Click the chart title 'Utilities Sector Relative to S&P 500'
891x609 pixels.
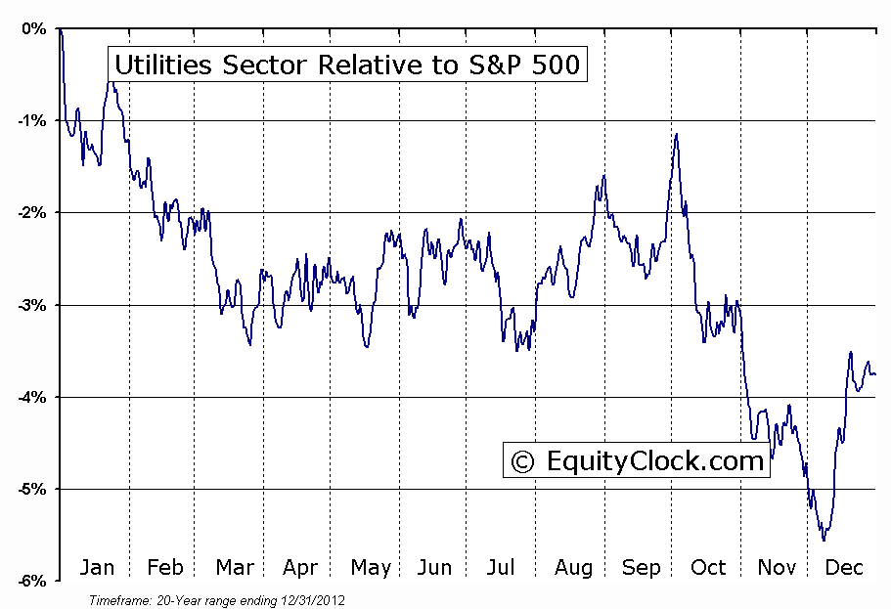click(x=347, y=65)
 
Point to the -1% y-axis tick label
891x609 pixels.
click(x=31, y=120)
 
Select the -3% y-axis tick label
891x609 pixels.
click(x=31, y=305)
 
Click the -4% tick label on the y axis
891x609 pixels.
click(x=31, y=397)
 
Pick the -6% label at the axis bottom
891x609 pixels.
click(x=31, y=581)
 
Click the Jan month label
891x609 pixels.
click(x=97, y=568)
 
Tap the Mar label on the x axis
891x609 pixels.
click(x=234, y=568)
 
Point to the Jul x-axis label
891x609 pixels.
click(x=501, y=568)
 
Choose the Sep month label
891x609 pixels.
click(x=641, y=568)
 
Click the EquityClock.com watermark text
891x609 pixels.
click(x=653, y=460)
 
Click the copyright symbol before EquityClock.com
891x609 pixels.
click(x=523, y=461)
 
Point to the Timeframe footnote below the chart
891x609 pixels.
click(x=216, y=599)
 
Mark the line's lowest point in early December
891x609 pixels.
click(x=824, y=540)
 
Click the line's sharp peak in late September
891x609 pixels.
click(x=676, y=134)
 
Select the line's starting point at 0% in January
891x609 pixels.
click(x=60, y=29)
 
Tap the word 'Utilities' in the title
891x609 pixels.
click(x=157, y=65)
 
